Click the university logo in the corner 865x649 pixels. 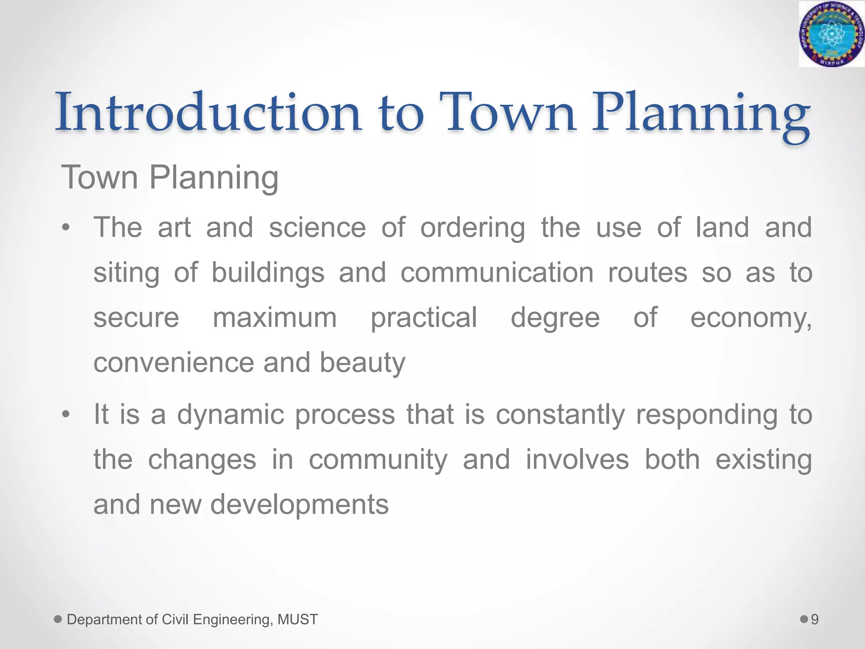pos(831,34)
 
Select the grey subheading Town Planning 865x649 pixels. pos(170,177)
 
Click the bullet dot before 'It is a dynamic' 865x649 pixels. pos(65,414)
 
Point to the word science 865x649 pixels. pos(317,228)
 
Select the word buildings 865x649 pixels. pos(268,273)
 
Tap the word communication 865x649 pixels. pos(497,273)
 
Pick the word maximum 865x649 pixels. pos(275,318)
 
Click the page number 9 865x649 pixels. pos(815,619)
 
